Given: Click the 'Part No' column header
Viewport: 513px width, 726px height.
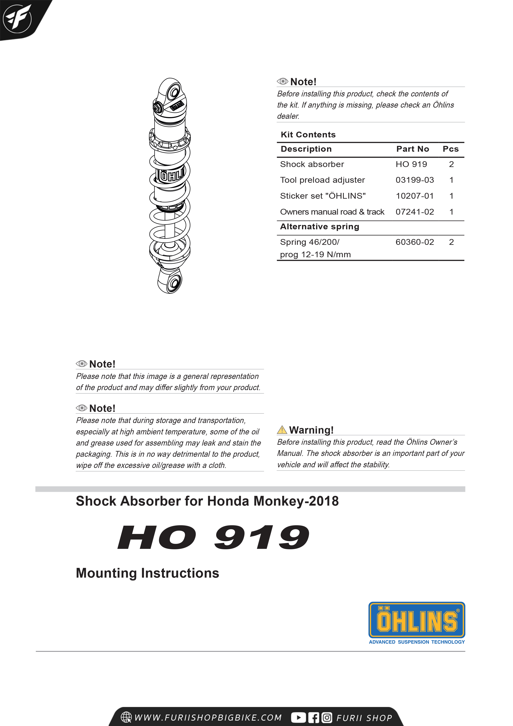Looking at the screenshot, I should coord(412,149).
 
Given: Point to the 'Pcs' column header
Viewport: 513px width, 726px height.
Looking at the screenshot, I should coord(450,149).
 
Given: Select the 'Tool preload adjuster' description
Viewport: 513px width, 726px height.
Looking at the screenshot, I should coord(322,180).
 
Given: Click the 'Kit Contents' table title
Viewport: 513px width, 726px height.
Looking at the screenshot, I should coord(308,135).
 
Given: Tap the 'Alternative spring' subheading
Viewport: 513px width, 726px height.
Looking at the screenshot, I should coord(320,227).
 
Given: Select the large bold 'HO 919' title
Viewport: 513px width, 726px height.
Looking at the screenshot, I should coord(213,537).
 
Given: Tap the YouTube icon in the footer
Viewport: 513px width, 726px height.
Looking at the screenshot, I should coord(298,718).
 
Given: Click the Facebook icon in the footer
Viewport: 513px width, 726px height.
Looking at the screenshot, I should coord(314,718).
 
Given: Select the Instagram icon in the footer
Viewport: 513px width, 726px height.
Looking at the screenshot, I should coord(327,718).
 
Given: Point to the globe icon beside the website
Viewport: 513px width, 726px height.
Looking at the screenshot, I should coord(126,717).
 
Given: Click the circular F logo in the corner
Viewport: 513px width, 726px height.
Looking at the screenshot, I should coord(17,18).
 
